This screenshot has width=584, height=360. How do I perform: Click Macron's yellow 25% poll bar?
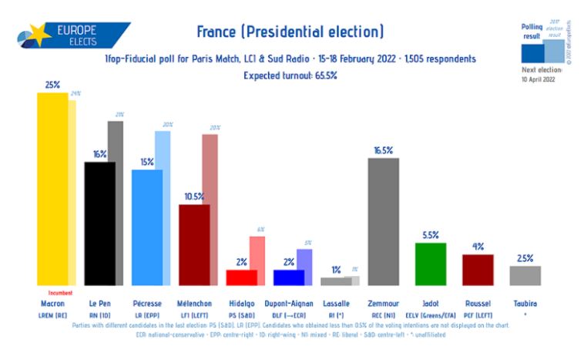(x=52, y=189)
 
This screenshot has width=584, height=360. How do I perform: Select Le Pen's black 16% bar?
(x=99, y=224)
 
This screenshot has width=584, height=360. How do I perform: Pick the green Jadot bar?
(x=431, y=264)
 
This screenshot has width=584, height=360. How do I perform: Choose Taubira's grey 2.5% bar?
(x=525, y=275)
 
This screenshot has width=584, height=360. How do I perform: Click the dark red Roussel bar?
(x=478, y=270)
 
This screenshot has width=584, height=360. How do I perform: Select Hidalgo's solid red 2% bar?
(x=241, y=277)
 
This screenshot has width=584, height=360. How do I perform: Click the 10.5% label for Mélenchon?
(x=194, y=197)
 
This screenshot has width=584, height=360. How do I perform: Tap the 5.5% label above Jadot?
(x=431, y=235)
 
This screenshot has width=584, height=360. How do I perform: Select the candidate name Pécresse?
(x=146, y=304)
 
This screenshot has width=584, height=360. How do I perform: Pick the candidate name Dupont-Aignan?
(x=289, y=304)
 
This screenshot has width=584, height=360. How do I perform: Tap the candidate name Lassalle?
(x=336, y=304)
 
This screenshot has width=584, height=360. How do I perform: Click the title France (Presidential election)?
(x=290, y=32)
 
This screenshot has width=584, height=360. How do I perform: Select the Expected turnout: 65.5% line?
(x=290, y=75)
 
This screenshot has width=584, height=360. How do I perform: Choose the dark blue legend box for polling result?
(x=532, y=52)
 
